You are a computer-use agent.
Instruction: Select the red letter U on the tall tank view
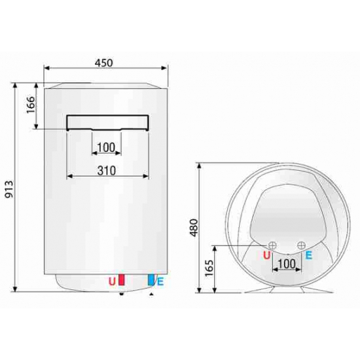(x=113, y=281)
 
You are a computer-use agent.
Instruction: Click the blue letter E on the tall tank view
(x=160, y=281)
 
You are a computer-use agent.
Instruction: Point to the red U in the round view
(x=266, y=256)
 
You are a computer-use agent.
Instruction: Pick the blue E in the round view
(x=308, y=256)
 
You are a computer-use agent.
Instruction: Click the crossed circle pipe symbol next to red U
(x=272, y=245)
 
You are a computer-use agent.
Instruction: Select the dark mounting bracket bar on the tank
(x=108, y=122)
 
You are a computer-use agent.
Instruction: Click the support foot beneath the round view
(x=285, y=290)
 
